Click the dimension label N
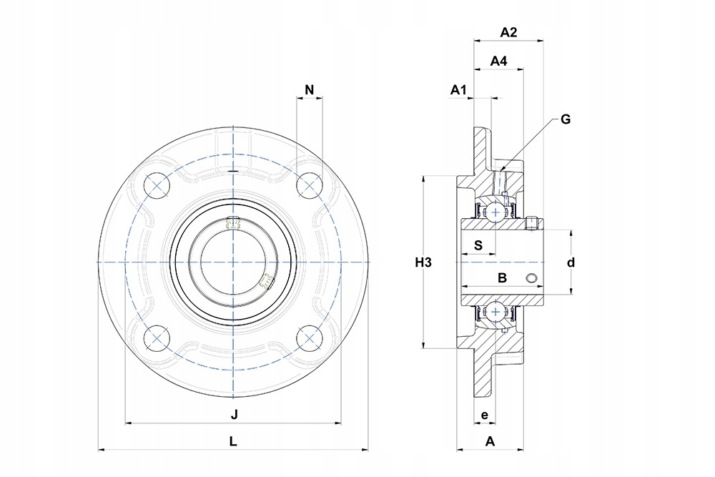point(309,89)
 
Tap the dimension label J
point(234,415)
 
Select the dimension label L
point(233,441)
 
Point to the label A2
point(509,32)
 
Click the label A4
point(498,61)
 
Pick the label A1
point(459,90)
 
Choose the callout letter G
point(566,119)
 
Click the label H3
point(423,262)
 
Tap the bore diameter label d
point(571,262)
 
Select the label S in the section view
point(478,245)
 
